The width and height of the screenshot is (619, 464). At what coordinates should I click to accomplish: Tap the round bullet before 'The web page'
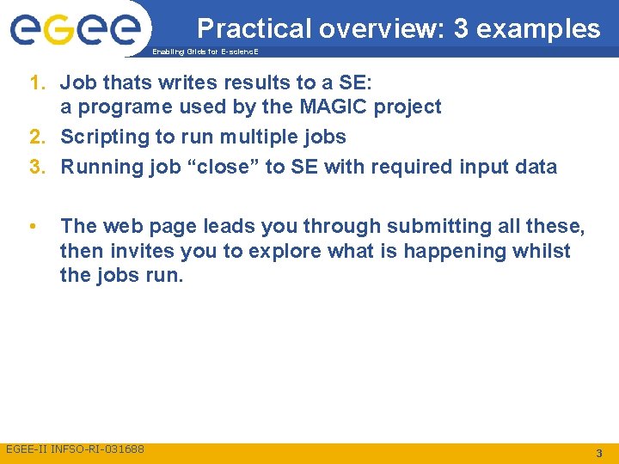tap(31, 226)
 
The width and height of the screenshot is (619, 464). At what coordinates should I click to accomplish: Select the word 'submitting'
tap(431, 227)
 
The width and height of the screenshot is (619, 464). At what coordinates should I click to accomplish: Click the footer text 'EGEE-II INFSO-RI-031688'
tap(76, 449)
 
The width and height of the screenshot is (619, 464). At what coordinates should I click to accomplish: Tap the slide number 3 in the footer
tap(598, 452)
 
